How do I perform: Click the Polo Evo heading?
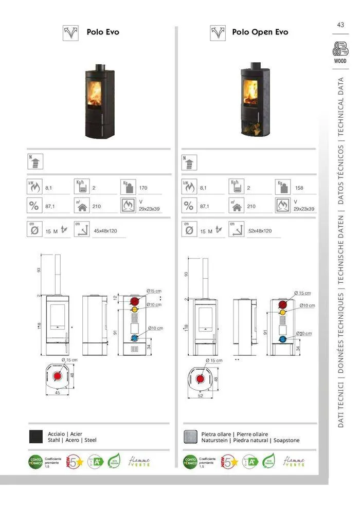click(x=102, y=32)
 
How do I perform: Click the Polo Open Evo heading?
click(x=260, y=32)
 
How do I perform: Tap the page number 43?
click(x=340, y=25)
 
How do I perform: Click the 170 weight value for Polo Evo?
click(x=143, y=188)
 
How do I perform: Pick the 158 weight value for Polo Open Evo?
click(x=299, y=188)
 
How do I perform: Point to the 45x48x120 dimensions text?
click(x=105, y=231)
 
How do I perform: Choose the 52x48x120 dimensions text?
click(x=260, y=231)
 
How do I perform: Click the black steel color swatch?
click(x=36, y=437)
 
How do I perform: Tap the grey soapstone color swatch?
click(x=191, y=437)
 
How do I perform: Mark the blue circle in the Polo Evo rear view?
click(x=134, y=338)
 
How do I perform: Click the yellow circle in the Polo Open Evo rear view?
click(x=282, y=313)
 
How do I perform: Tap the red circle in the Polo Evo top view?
click(x=58, y=378)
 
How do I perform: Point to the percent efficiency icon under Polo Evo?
click(x=34, y=206)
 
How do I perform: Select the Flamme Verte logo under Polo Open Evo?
click(x=294, y=461)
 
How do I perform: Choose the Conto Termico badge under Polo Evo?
click(x=35, y=461)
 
